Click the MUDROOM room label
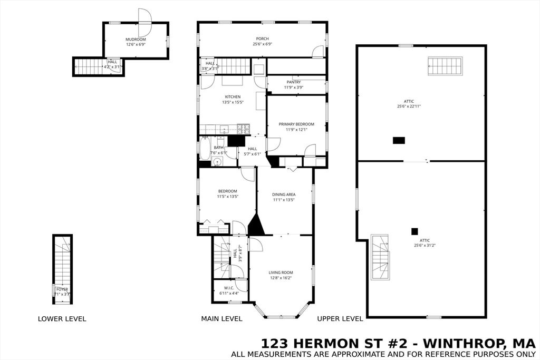(136, 40)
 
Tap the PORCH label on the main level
(262, 38)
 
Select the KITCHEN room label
(233, 96)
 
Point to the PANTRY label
(294, 82)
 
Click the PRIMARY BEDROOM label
(296, 124)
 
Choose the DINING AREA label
(284, 194)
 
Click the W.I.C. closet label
(229, 288)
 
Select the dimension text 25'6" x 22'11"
(409, 106)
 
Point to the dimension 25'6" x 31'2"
(425, 245)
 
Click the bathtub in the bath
(204, 148)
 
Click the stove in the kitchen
(243, 128)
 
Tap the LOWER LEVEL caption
(62, 319)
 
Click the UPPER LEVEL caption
(340, 319)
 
